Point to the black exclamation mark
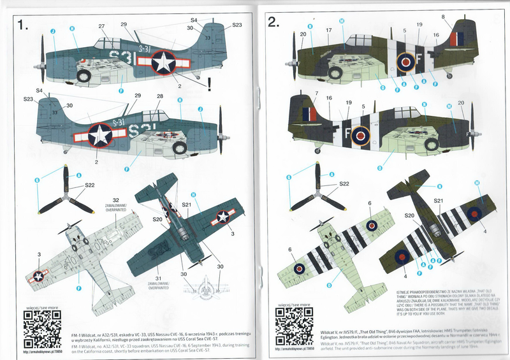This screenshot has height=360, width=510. [209, 82]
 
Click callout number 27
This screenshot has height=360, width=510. [101, 26]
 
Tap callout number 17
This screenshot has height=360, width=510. [329, 30]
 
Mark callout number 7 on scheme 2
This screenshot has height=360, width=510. [316, 94]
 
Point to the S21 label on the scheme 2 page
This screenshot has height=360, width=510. [439, 201]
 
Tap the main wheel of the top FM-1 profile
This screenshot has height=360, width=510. [84, 75]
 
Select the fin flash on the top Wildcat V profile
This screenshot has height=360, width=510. [457, 39]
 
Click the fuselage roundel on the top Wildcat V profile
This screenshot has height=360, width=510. [405, 62]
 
